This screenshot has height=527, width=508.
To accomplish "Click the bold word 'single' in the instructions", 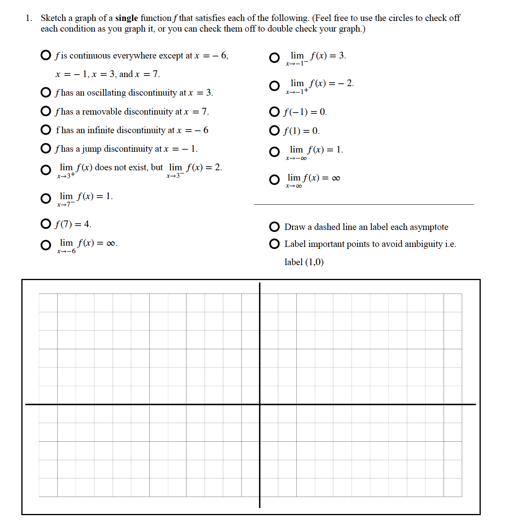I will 126,18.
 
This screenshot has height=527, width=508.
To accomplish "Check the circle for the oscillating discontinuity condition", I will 46,92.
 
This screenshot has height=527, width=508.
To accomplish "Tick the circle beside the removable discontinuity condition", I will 46,111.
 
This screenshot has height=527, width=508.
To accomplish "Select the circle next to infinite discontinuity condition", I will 46,130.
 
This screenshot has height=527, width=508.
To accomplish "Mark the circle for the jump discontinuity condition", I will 46,148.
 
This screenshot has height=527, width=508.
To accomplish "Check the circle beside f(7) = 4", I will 46,224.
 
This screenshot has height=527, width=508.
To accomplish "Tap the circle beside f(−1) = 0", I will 274,112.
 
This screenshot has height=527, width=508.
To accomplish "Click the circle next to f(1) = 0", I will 274,130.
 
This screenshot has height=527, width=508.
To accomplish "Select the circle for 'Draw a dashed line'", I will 274,227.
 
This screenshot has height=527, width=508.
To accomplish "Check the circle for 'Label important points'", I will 274,244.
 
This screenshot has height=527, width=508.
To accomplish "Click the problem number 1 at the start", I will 28,18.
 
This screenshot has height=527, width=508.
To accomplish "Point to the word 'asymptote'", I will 429,227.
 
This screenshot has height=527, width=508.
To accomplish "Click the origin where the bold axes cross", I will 260,404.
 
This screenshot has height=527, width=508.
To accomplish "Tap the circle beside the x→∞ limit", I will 274,180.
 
